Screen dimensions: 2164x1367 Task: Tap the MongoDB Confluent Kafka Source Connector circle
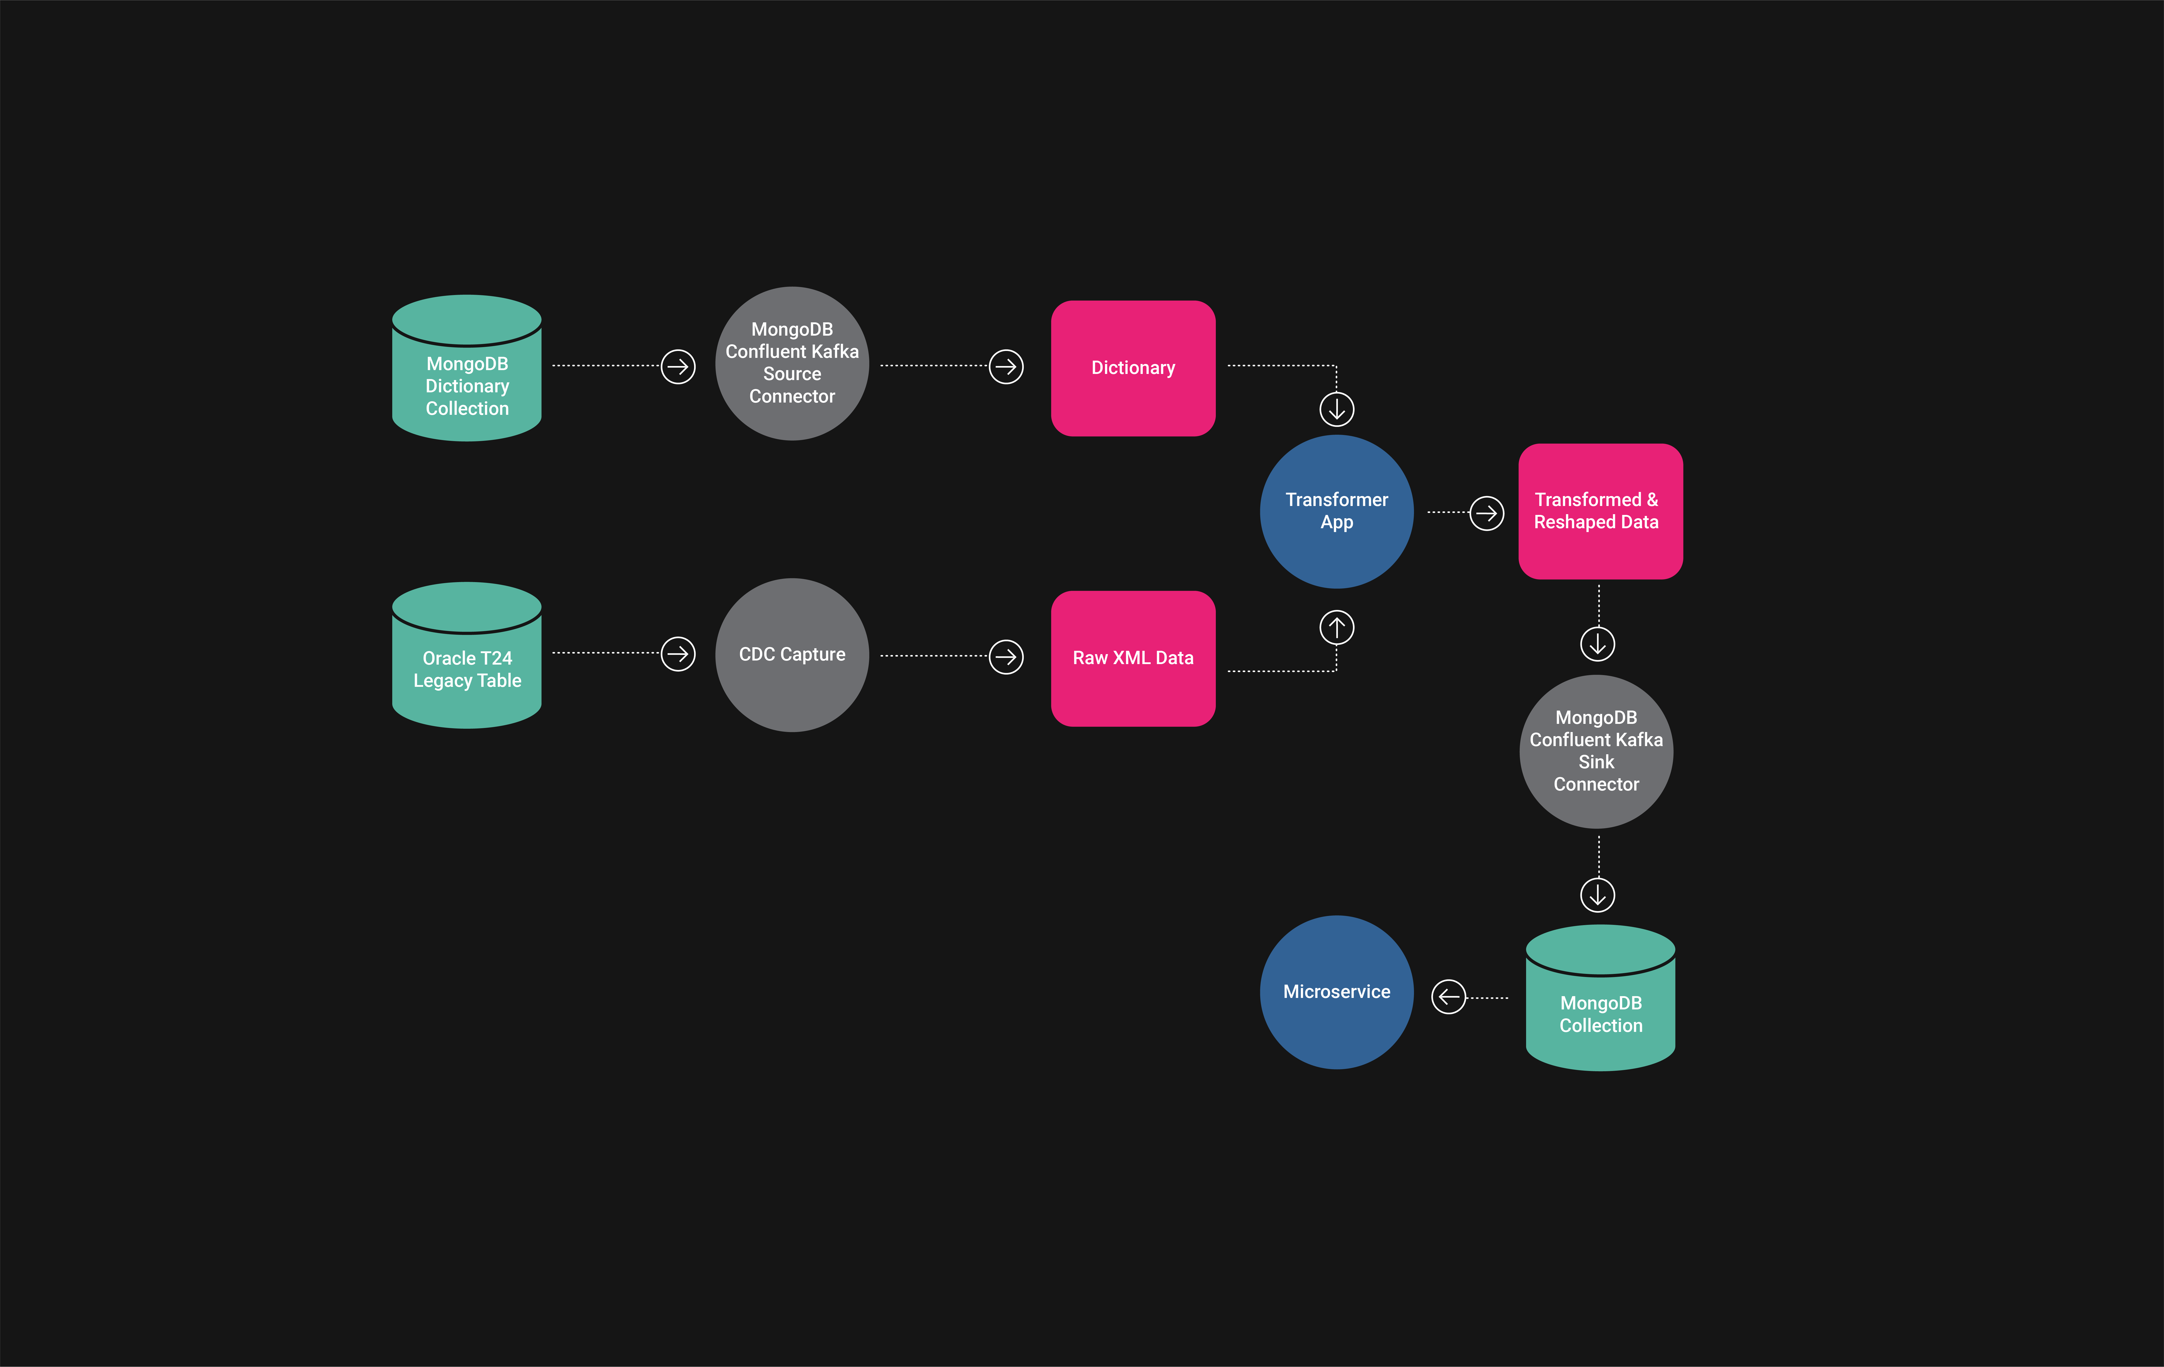[x=792, y=363]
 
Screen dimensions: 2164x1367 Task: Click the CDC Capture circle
[x=792, y=654]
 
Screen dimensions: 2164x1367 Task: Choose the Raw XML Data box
[x=1133, y=658]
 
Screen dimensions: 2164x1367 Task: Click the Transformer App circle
[x=1336, y=511]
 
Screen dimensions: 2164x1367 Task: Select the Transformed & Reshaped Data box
[x=1601, y=511]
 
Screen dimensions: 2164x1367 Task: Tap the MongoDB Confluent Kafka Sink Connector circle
[x=1596, y=751]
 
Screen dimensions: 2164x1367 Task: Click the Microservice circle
[x=1336, y=992]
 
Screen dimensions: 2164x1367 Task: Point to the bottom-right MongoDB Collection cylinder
[x=1601, y=998]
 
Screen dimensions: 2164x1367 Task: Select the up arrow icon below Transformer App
[x=1336, y=627]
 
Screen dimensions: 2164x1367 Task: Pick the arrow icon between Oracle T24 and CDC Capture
[x=677, y=653]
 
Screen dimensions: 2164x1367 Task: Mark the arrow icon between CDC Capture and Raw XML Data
[x=1006, y=656]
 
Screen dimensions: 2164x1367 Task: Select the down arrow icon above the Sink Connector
[x=1597, y=643]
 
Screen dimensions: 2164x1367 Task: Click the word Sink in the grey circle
[x=1596, y=762]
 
